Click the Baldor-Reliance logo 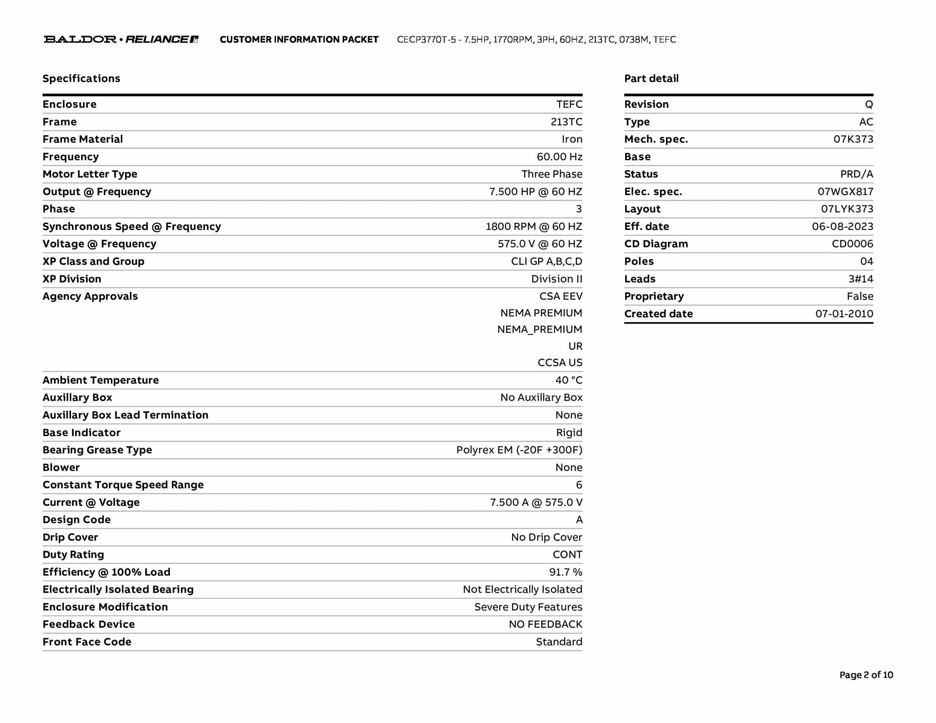coord(121,39)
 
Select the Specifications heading coord(81,79)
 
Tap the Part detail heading coord(651,79)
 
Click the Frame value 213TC coord(566,122)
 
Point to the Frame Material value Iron coord(572,139)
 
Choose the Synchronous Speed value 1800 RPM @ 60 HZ coord(533,227)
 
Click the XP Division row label coord(72,279)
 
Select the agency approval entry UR coord(575,346)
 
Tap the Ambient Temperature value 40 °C coord(569,380)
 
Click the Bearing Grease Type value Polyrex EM coord(519,450)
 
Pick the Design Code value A coord(579,520)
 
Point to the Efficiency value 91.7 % coord(565,572)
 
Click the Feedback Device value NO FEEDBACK coord(545,624)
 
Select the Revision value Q coord(868,105)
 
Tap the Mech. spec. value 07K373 coord(853,139)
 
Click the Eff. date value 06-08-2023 coord(842,227)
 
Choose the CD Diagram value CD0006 coord(852,244)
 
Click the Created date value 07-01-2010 coord(844,314)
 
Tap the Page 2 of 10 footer coord(866,675)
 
